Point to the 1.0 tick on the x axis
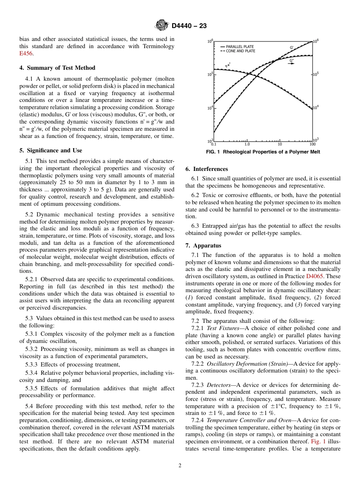247,144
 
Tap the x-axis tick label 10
280,144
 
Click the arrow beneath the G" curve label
292,64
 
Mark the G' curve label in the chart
292,47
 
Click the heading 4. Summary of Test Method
57,68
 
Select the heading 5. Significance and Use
50,150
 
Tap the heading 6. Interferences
207,169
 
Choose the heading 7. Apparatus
202,246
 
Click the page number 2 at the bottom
180,466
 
